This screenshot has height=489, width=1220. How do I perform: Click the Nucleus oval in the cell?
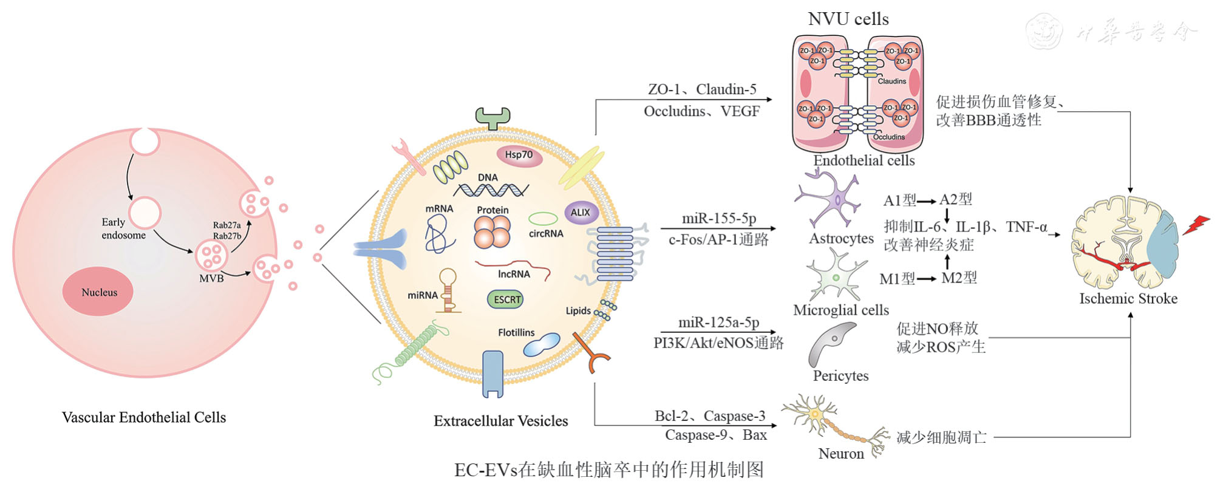coord(98,292)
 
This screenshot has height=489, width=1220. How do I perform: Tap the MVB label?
coord(211,278)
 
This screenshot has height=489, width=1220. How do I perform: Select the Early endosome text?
coord(123,228)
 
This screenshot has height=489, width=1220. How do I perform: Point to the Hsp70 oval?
coord(519,155)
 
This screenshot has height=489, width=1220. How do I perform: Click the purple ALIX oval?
coord(581,213)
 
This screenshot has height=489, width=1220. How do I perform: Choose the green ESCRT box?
coord(506,299)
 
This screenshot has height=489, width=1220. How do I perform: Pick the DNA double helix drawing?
coord(491,190)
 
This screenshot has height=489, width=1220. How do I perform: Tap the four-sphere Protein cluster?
coord(492,231)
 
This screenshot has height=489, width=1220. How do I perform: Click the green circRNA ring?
coord(543,219)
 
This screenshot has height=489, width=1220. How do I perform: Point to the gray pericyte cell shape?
coord(831,344)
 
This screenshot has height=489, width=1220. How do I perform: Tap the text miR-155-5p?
coord(719,218)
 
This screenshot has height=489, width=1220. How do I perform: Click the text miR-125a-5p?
coord(718,323)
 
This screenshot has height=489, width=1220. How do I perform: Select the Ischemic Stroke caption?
coord(1128,298)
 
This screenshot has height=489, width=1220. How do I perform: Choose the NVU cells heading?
coord(848,19)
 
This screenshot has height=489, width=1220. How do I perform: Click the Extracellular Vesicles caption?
coord(500,421)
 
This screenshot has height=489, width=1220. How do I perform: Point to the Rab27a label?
coord(227,225)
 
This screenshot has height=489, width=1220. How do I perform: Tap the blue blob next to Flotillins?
coord(542,344)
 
